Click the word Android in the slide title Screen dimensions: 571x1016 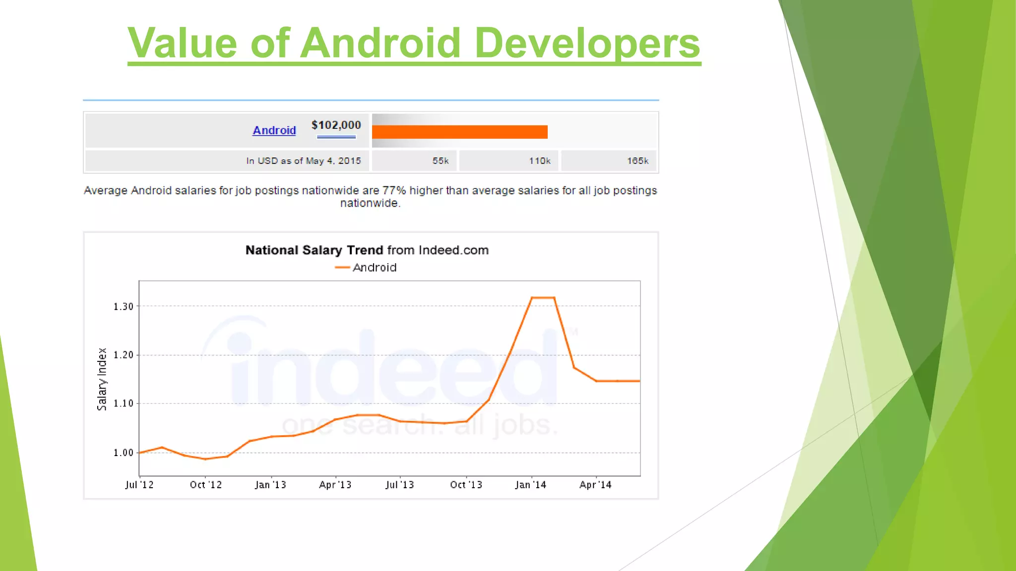(x=381, y=43)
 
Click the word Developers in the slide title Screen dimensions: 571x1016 (x=587, y=43)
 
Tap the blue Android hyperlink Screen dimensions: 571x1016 (x=274, y=130)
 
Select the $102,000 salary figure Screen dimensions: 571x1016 (x=336, y=125)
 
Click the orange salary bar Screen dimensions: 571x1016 (x=459, y=132)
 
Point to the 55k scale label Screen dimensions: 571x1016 (x=440, y=161)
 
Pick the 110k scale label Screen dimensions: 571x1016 (x=539, y=161)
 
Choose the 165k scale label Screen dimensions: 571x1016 (x=637, y=161)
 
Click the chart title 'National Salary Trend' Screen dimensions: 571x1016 (x=314, y=250)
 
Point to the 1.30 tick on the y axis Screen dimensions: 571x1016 (x=124, y=307)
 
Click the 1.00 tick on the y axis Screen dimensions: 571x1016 (x=124, y=453)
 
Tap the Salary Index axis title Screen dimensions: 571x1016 (x=102, y=379)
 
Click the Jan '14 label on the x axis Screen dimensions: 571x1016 (x=530, y=485)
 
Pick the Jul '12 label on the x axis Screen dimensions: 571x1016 (x=139, y=485)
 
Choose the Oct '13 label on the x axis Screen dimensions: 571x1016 (x=466, y=485)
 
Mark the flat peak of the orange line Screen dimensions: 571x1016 (x=543, y=297)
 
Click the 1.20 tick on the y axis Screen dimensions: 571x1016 (x=124, y=355)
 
